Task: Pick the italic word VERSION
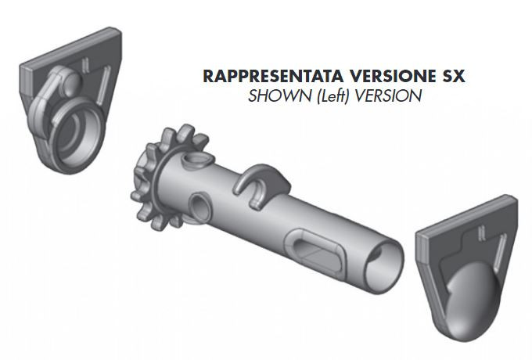pos(380,97)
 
